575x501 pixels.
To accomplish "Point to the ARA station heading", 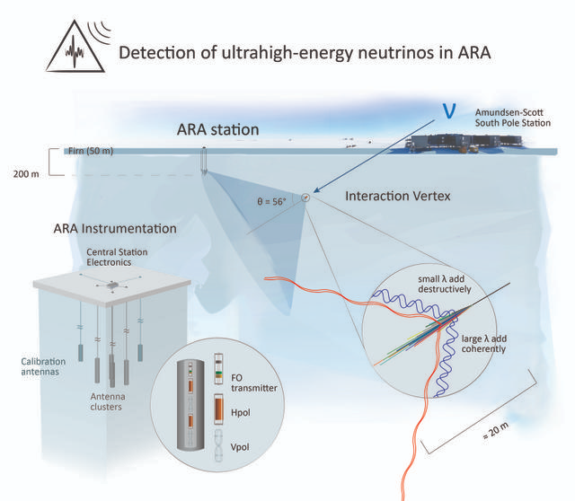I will click(x=218, y=130).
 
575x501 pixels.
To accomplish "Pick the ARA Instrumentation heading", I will click(x=114, y=228).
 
